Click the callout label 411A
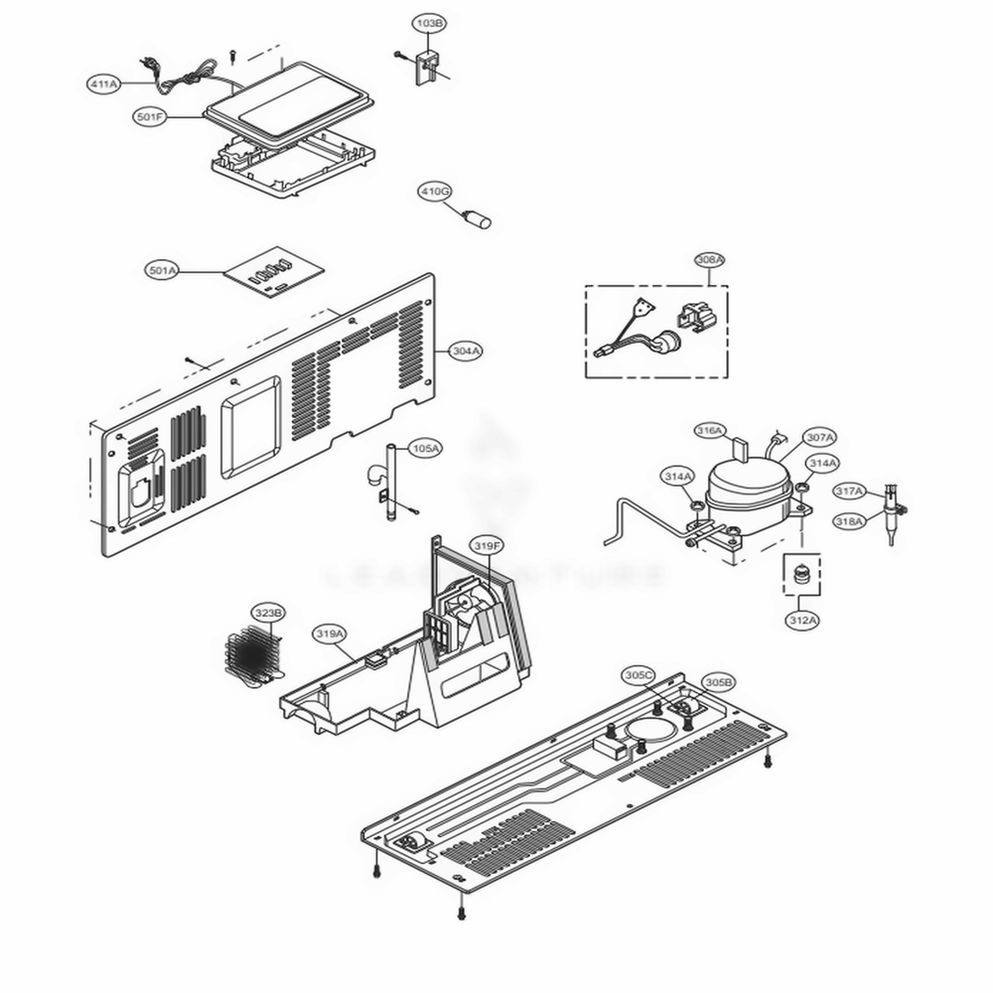pyautogui.click(x=103, y=85)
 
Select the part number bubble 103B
pyautogui.click(x=429, y=22)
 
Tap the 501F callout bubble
pyautogui.click(x=150, y=117)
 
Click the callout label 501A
pyautogui.click(x=162, y=270)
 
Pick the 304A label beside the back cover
pyautogui.click(x=467, y=351)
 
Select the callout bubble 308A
pyautogui.click(x=709, y=259)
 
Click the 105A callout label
pyautogui.click(x=425, y=449)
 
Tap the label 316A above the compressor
pyautogui.click(x=709, y=430)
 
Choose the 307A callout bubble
pyautogui.click(x=819, y=437)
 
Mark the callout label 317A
pyautogui.click(x=849, y=492)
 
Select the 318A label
pyautogui.click(x=849, y=520)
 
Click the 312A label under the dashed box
pyautogui.click(x=802, y=621)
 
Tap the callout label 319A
pyautogui.click(x=330, y=633)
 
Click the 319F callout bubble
pyautogui.click(x=487, y=545)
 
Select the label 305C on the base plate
pyautogui.click(x=638, y=674)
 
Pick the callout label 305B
pyautogui.click(x=718, y=682)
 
